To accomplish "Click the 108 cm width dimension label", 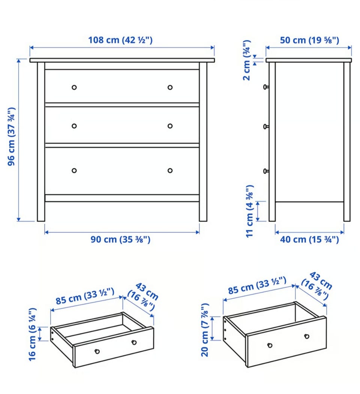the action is (x=120, y=40).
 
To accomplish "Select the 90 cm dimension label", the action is (x=120, y=239).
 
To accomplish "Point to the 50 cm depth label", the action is (x=309, y=40).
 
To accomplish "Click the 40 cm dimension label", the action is (x=309, y=239).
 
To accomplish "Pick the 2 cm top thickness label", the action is (x=247, y=60).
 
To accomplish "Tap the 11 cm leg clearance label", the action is (x=249, y=211).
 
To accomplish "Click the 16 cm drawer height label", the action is (x=33, y=334).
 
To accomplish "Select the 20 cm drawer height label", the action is (x=205, y=330).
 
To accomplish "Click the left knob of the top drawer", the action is (x=74, y=87).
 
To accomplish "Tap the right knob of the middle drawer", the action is (x=170, y=126).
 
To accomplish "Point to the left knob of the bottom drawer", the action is (x=74, y=171).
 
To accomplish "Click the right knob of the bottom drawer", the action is (x=170, y=171).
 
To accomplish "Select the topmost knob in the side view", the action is (x=266, y=87).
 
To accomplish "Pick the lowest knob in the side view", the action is (x=266, y=172).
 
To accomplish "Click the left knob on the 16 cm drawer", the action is (x=97, y=351).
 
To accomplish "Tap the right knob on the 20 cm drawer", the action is (x=307, y=336).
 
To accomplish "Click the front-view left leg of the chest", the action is (x=41, y=142).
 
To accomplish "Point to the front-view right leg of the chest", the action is (x=203, y=142).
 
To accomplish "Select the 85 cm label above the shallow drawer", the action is (x=85, y=296).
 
